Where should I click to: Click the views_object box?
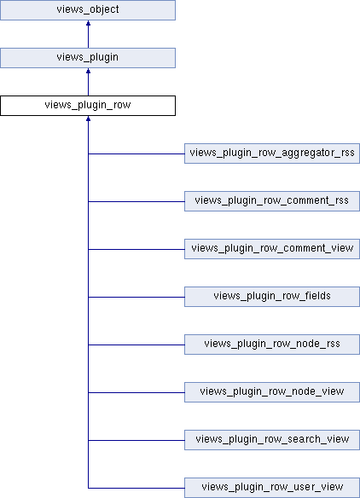click(88, 10)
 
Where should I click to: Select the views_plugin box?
click(88, 58)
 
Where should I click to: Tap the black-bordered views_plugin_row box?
click(88, 106)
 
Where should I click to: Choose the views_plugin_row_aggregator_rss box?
click(272, 153)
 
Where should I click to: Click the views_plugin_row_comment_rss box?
click(272, 201)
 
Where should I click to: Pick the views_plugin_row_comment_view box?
click(272, 249)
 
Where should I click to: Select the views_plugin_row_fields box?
click(272, 297)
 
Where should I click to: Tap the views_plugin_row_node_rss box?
click(272, 345)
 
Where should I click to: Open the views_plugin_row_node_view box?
click(272, 392)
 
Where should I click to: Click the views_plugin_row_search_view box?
click(272, 440)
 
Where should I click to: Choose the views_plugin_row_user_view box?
click(272, 488)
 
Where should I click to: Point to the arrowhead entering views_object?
click(88, 23)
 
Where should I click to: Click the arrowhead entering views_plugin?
click(88, 71)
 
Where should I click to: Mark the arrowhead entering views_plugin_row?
click(88, 119)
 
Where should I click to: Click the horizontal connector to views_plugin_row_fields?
click(136, 297)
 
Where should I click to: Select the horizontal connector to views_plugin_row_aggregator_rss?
click(136, 153)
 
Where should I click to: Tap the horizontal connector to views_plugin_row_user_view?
click(136, 488)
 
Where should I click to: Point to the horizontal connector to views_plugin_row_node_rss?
click(136, 345)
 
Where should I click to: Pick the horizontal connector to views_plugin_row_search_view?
click(136, 440)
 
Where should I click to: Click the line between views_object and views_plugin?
click(88, 34)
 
